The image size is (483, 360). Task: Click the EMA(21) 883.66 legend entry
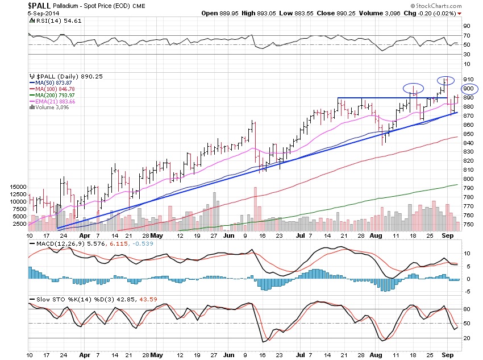(56, 101)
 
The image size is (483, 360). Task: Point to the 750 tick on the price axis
(468, 225)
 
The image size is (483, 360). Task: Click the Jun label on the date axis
(230, 234)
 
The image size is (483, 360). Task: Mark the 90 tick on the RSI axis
(466, 26)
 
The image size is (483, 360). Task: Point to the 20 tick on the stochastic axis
(466, 338)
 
